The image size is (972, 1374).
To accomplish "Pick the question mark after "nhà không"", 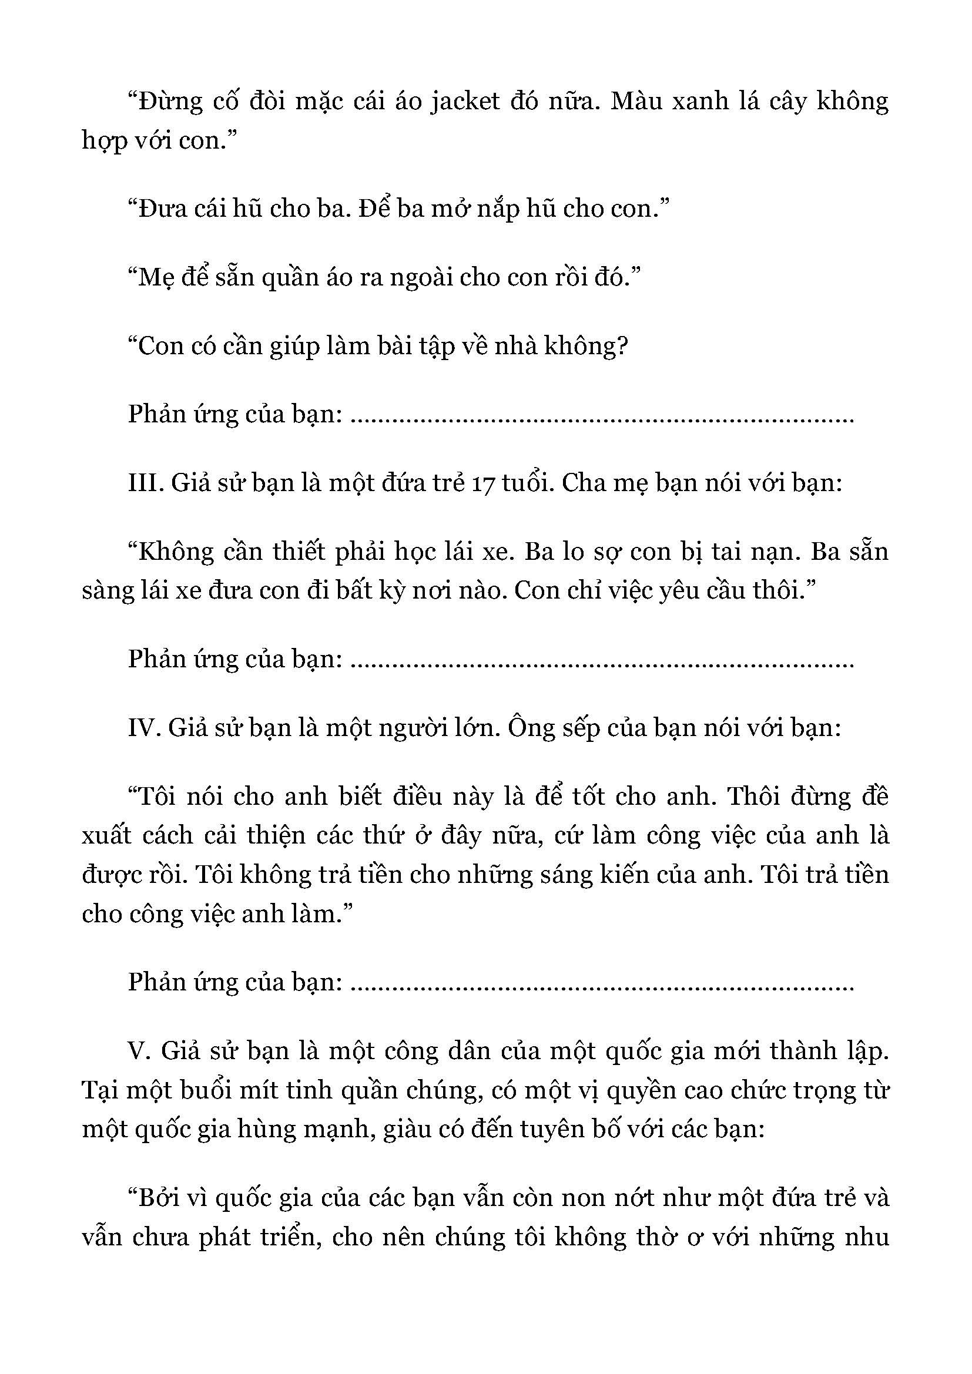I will (x=621, y=346).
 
